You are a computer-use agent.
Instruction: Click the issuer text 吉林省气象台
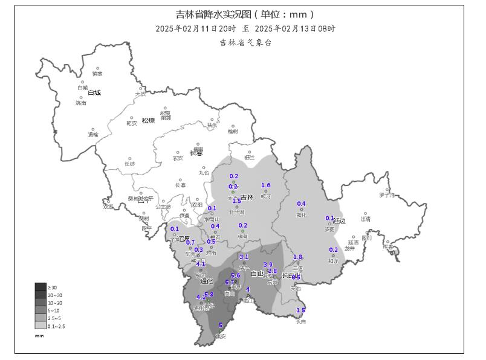(245, 42)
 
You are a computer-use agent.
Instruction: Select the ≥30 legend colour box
(40, 287)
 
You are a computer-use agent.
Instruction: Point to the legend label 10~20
(56, 303)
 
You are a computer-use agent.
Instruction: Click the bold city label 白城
(94, 93)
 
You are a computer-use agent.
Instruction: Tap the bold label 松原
(148, 120)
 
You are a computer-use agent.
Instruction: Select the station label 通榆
(92, 135)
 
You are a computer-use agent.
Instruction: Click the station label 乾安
(132, 123)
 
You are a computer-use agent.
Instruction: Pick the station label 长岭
(130, 164)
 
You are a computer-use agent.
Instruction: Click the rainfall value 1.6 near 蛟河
(265, 185)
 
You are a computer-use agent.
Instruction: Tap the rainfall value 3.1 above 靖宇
(244, 257)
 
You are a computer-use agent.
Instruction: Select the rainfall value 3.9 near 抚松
(268, 265)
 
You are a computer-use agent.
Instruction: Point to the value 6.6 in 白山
(235, 275)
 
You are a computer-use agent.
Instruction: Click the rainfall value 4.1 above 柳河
(201, 264)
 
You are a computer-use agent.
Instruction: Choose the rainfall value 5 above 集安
(220, 325)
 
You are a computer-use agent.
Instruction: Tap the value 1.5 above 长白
(300, 310)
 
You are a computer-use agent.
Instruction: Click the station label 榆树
(233, 131)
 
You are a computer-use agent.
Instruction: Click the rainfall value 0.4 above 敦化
(301, 204)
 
